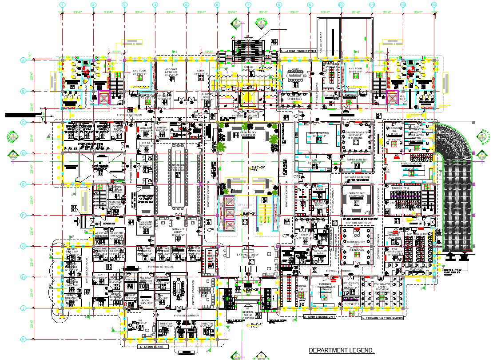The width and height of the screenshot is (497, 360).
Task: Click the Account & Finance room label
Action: coord(171,72)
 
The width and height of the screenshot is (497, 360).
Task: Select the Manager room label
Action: coord(146,128)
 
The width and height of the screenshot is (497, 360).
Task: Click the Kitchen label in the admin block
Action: coord(130,280)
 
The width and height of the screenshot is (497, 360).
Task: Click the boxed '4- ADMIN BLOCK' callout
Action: coord(151,346)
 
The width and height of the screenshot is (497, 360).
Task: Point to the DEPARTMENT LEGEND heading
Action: coord(342,351)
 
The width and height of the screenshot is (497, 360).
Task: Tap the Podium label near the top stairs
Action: coord(247,67)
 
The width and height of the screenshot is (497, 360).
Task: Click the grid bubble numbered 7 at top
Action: coord(248,5)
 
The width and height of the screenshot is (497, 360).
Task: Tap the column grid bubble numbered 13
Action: coord(434,5)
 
